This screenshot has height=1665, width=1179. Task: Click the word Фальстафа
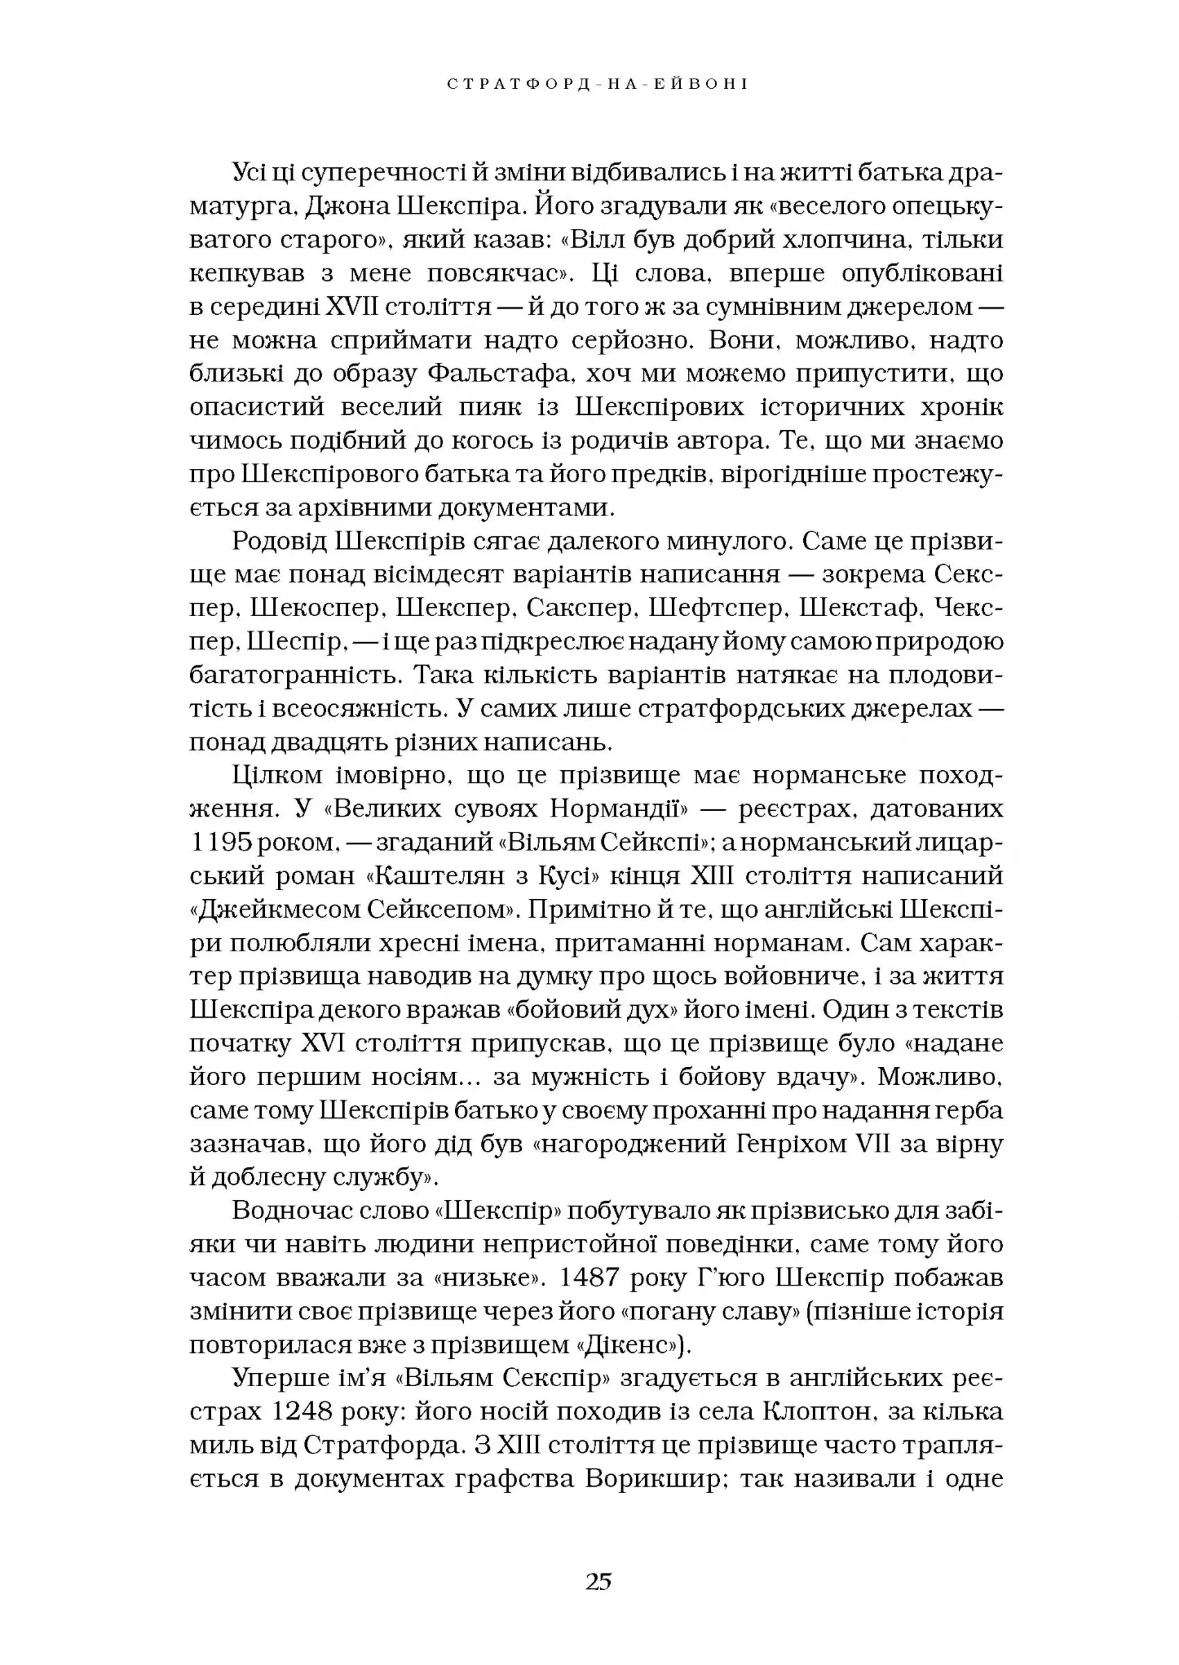pyautogui.click(x=497, y=374)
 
